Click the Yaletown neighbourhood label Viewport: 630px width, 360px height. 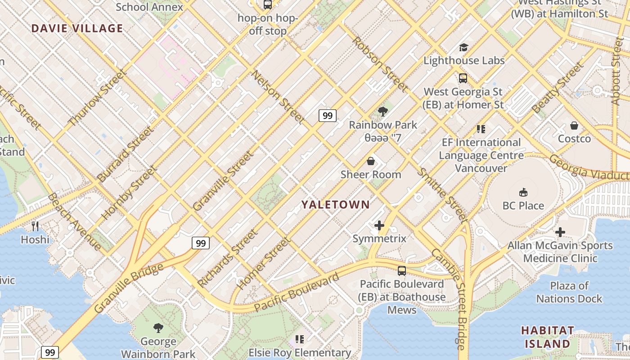click(x=335, y=205)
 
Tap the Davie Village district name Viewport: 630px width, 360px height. click(x=77, y=28)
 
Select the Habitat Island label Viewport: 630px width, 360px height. click(x=548, y=337)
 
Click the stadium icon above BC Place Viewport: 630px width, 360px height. click(x=523, y=193)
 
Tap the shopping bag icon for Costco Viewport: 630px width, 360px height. click(x=574, y=126)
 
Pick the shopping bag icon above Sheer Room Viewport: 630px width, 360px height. click(x=371, y=161)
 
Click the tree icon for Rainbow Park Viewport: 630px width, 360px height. click(x=383, y=111)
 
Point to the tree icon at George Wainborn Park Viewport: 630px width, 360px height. click(x=158, y=328)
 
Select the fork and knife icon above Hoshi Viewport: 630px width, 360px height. click(x=35, y=226)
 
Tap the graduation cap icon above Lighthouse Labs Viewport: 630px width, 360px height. click(x=463, y=47)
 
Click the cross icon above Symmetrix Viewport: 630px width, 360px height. click(x=379, y=225)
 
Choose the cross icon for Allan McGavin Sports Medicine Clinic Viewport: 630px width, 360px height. click(x=560, y=232)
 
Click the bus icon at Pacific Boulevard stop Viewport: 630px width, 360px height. click(x=401, y=271)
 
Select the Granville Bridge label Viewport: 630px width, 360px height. click(x=129, y=288)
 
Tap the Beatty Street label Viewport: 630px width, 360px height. click(x=557, y=88)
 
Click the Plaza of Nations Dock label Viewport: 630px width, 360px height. click(x=569, y=292)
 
